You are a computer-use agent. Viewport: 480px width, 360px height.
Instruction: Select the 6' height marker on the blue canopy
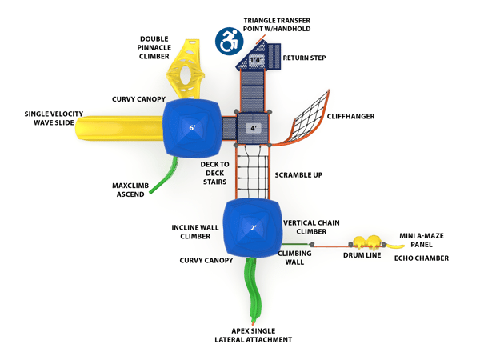coord(192,128)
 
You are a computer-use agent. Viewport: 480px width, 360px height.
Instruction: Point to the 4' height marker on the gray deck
coord(254,128)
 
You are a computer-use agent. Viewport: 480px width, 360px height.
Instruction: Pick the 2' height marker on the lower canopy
coord(254,228)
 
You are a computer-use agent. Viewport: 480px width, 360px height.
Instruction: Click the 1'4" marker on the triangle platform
coord(256,60)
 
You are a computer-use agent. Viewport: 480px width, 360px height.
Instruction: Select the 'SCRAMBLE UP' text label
coord(298,174)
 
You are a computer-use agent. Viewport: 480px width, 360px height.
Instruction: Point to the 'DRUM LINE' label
coord(362,256)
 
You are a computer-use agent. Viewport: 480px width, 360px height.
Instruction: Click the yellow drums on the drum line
coord(368,241)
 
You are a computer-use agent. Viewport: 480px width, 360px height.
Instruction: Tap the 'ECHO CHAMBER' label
coord(421,258)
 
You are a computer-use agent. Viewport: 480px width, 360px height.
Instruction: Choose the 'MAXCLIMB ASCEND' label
coord(130,189)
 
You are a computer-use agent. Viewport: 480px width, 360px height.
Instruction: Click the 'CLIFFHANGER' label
coord(350,117)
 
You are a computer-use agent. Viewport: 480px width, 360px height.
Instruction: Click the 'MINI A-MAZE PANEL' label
coord(423,240)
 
